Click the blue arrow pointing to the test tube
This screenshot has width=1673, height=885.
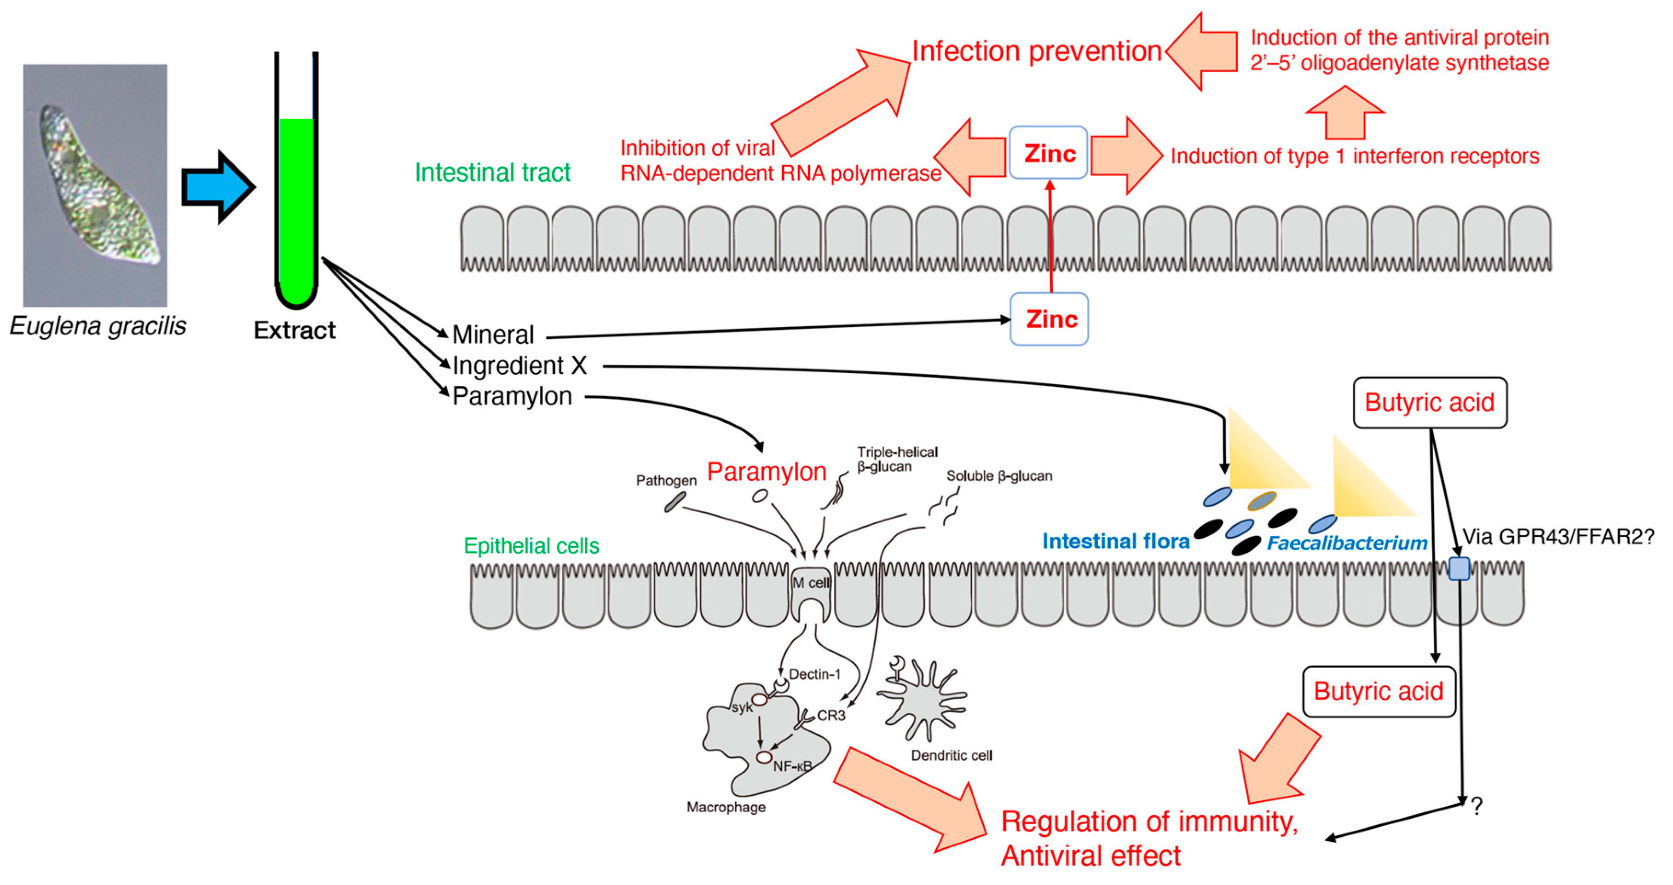[218, 187]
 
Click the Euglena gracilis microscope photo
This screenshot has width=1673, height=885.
[95, 185]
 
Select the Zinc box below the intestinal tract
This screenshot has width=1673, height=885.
[1049, 319]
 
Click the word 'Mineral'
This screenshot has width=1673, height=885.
[493, 335]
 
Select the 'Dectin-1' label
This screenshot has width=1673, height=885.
[814, 674]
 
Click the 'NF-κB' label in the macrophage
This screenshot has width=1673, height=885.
[792, 766]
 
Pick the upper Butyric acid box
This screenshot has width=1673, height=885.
[1430, 403]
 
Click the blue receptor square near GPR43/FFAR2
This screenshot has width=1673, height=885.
[1460, 568]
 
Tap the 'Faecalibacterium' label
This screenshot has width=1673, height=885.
[1347, 543]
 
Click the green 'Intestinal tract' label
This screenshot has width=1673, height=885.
[492, 172]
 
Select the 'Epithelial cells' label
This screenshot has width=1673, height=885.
[531, 546]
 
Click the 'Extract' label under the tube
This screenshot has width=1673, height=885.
[294, 330]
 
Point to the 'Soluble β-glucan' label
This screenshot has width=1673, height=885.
[999, 476]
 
